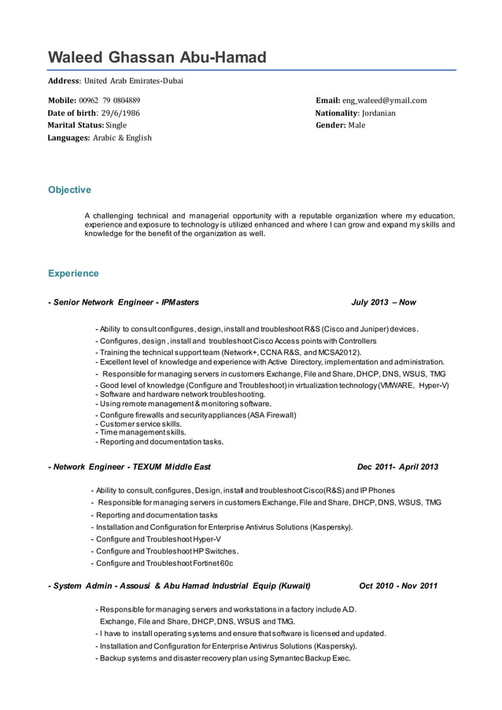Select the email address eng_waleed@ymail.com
tap(384, 101)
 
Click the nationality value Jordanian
tap(378, 113)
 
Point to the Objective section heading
tap(69, 190)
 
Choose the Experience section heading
tap(73, 274)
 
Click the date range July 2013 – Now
tap(384, 302)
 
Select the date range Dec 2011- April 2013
tap(397, 467)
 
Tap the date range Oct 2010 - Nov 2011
tap(398, 586)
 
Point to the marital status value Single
tap(116, 125)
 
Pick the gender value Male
tap(356, 125)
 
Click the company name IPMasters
tap(180, 302)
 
